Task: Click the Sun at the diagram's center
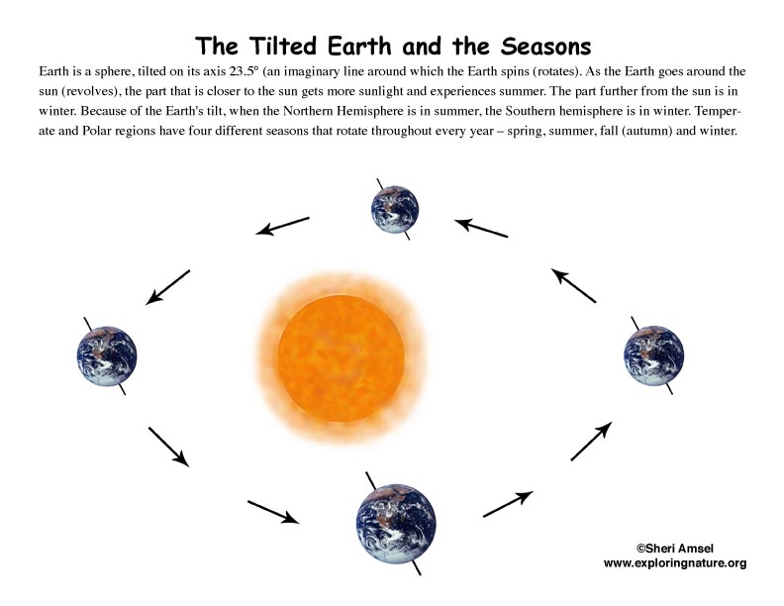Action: (x=341, y=358)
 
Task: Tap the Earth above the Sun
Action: (x=395, y=210)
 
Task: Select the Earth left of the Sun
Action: (x=107, y=356)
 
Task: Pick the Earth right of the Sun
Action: (x=653, y=355)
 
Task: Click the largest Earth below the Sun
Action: (x=396, y=524)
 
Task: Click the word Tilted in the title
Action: (x=283, y=46)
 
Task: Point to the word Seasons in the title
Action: (x=545, y=46)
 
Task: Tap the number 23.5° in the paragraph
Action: (x=244, y=71)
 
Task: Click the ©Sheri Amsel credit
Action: (x=674, y=549)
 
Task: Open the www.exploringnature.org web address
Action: (x=675, y=563)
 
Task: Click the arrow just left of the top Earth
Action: (x=282, y=226)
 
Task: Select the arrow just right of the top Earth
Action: (x=481, y=228)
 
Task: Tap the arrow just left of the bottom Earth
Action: (x=273, y=512)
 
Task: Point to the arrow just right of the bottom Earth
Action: (x=508, y=504)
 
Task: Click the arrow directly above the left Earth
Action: (x=167, y=287)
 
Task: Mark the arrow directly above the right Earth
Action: (x=573, y=285)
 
